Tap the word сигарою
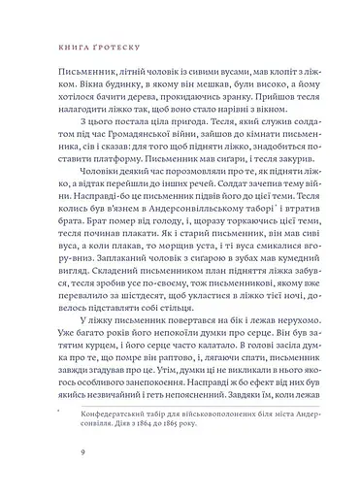coord(174,283)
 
